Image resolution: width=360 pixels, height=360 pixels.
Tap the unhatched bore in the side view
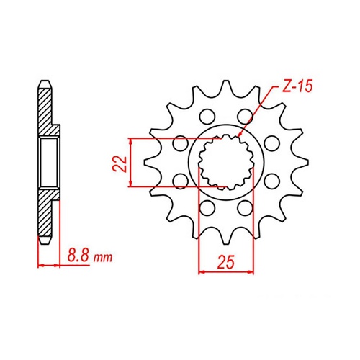[x=49, y=159]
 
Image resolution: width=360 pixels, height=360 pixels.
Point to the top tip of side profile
[x=45, y=81]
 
